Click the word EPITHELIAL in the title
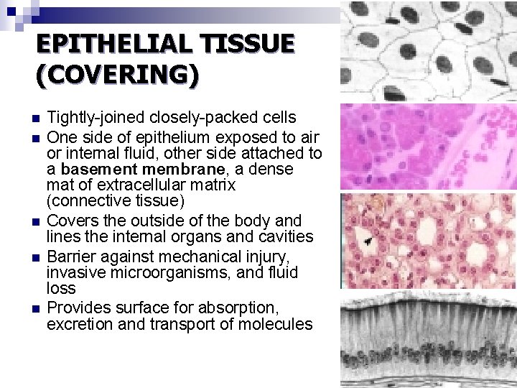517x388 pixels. (x=106, y=45)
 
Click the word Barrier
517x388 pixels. (x=70, y=257)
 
